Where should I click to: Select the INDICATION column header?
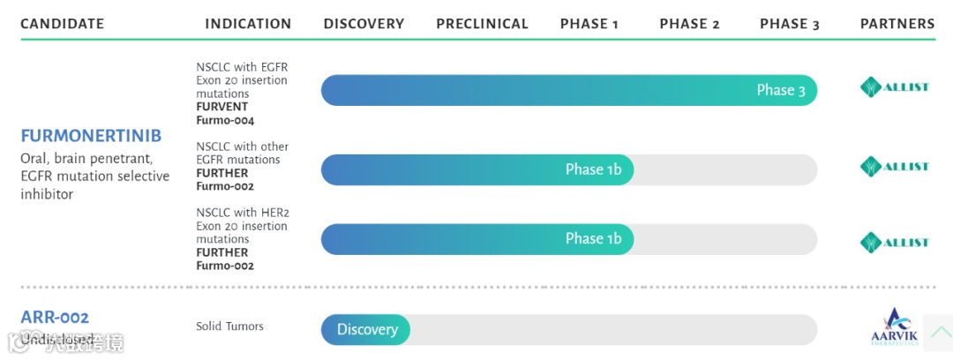[248, 24]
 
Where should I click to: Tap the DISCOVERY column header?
[364, 24]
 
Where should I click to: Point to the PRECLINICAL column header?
[482, 24]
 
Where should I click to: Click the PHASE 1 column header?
[589, 24]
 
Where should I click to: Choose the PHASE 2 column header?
[689, 24]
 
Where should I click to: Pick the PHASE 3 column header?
[790, 24]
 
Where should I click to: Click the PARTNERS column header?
[897, 24]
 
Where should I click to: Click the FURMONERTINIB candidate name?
[91, 137]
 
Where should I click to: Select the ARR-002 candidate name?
[55, 317]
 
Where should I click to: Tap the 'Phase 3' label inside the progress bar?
[781, 91]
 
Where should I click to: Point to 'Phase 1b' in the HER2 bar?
[593, 238]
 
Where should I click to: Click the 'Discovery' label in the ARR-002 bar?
[367, 330]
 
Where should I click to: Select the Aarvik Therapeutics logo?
[894, 327]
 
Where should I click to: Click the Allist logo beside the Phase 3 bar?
[894, 87]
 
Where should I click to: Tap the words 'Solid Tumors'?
[229, 326]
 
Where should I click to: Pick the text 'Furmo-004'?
[225, 120]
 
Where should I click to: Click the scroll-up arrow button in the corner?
[938, 333]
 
